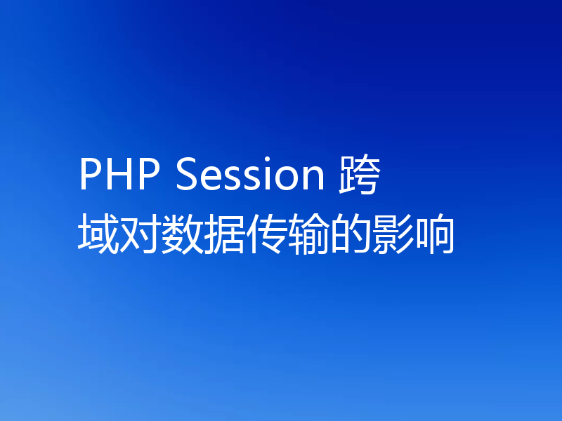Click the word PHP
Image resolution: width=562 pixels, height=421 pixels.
[x=119, y=175]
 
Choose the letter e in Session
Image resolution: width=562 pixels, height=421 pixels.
[x=209, y=179]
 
